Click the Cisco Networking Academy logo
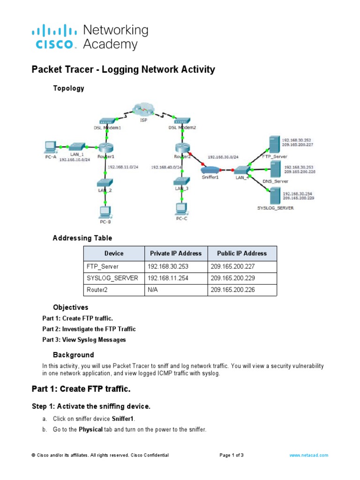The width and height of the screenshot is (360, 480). tap(90, 37)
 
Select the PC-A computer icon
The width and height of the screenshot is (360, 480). tap(50, 146)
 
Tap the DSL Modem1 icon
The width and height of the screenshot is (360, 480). tap(107, 121)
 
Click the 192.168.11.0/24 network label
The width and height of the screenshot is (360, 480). tap(123, 166)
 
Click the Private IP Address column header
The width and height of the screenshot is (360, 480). tap(175, 253)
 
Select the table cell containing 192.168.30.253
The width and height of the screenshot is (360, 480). tap(166, 266)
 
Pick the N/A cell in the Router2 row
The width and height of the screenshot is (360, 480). tap(153, 290)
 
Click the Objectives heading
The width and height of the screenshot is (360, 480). tap(70, 307)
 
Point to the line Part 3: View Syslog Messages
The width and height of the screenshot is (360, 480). tap(84, 340)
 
